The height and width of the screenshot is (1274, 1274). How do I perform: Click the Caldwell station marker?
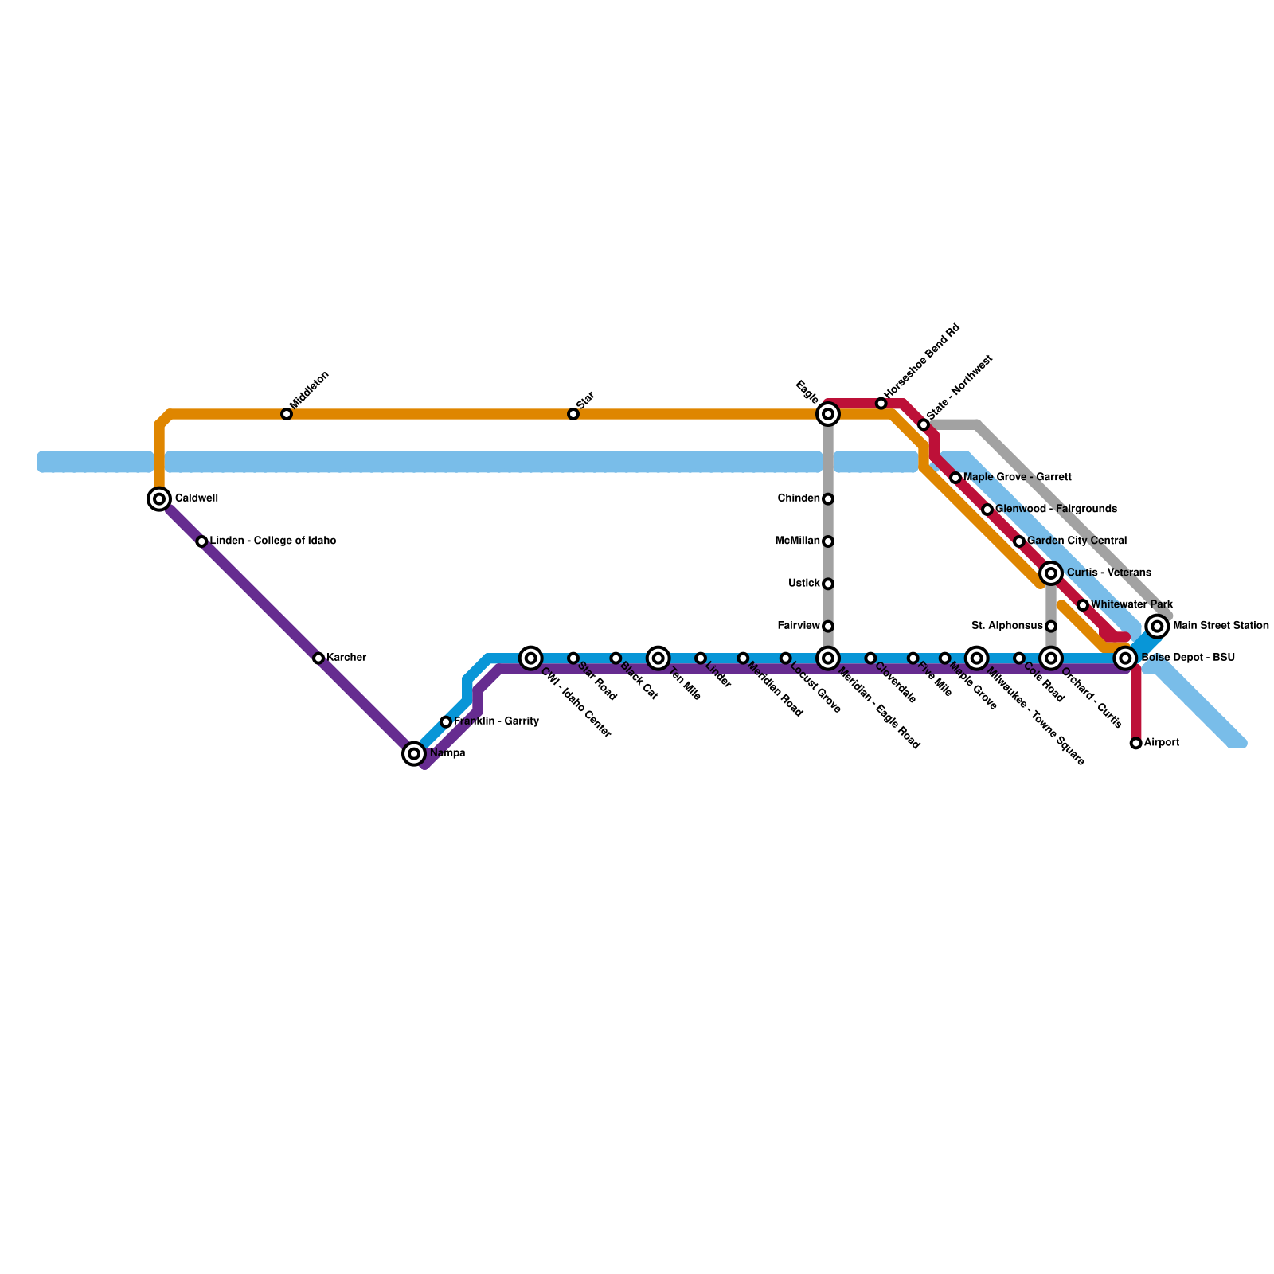pyautogui.click(x=159, y=498)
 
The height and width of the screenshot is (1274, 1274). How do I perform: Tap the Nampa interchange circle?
pyautogui.click(x=414, y=753)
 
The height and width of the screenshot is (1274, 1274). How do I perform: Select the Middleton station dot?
pyautogui.click(x=287, y=414)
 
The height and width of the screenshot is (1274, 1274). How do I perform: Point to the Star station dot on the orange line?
pyautogui.click(x=573, y=414)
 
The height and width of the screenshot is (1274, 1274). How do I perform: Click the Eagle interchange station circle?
pyautogui.click(x=828, y=414)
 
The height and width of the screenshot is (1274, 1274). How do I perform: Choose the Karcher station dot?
pyautogui.click(x=318, y=658)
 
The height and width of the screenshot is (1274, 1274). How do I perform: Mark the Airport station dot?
pyautogui.click(x=1136, y=743)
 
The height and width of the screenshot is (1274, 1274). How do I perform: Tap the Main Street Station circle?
pyautogui.click(x=1158, y=626)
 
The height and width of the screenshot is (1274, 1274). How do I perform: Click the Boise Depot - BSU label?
pyautogui.click(x=1187, y=658)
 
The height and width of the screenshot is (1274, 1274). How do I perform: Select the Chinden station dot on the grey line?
pyautogui.click(x=828, y=498)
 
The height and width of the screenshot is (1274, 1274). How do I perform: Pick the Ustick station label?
pyautogui.click(x=803, y=584)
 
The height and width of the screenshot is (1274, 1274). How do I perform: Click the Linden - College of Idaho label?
pyautogui.click(x=272, y=541)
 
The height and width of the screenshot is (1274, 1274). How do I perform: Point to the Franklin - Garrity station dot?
pyautogui.click(x=446, y=721)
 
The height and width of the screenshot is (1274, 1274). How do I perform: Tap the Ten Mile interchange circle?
pyautogui.click(x=658, y=658)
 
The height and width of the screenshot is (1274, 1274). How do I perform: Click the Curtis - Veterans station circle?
pyautogui.click(x=1051, y=573)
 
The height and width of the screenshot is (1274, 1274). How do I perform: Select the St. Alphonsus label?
pyautogui.click(x=1007, y=626)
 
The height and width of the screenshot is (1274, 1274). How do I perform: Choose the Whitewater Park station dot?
pyautogui.click(x=1083, y=605)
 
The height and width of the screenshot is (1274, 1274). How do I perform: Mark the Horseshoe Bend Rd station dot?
pyautogui.click(x=881, y=404)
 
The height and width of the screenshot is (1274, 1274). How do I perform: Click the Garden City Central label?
pyautogui.click(x=1077, y=541)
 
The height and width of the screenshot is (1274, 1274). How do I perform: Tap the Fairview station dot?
pyautogui.click(x=828, y=627)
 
